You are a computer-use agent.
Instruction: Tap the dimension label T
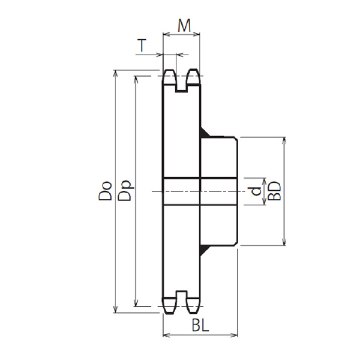click(142, 45)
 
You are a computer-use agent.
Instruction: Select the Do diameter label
click(105, 191)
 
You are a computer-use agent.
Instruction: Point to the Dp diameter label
click(125, 191)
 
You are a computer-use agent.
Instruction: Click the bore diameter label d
click(256, 191)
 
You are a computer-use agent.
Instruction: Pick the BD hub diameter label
click(275, 191)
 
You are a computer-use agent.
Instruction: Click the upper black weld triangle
click(205, 133)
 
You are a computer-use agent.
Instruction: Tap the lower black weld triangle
click(205, 250)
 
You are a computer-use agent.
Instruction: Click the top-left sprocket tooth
click(169, 77)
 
